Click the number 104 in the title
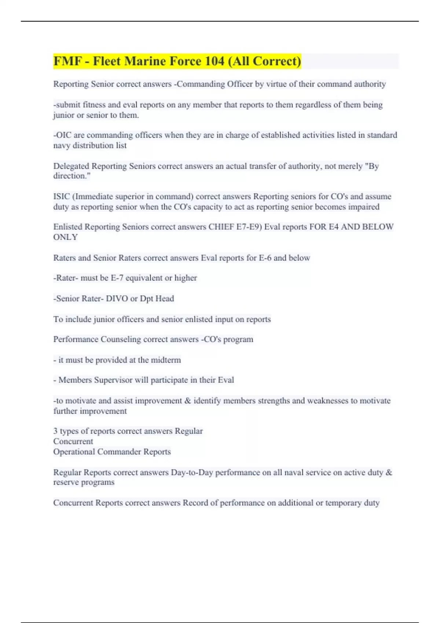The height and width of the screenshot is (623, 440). point(214,61)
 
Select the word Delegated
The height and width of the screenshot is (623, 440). point(71,166)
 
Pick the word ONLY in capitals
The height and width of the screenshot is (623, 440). point(65,237)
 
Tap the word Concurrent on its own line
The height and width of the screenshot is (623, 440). point(73,442)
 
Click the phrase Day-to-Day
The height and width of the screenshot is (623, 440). point(192,472)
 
